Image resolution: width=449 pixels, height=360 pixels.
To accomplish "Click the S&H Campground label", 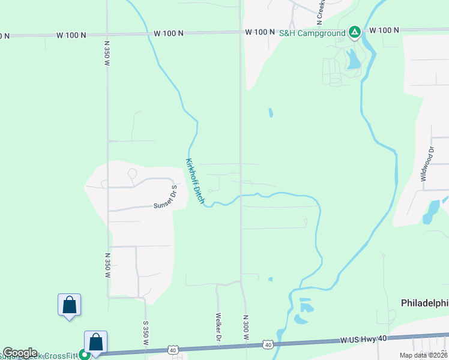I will click(312, 32).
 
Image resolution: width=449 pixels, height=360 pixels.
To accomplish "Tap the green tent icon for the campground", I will click(355, 32).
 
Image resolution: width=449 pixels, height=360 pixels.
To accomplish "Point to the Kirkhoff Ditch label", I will click(195, 180).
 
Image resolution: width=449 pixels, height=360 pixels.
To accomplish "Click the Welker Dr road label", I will click(218, 328).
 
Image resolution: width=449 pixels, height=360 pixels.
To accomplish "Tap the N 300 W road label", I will click(246, 328).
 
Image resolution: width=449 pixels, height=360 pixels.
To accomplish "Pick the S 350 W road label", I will click(145, 332).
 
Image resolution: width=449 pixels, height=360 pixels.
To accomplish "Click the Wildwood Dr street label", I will click(427, 163).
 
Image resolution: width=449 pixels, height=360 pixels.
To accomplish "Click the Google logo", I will click(20, 353).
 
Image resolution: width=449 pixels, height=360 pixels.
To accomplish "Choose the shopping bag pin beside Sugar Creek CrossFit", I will click(96, 343).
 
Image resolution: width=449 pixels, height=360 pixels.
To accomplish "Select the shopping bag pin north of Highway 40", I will click(69, 305).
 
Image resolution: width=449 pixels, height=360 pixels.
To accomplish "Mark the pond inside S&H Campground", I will click(353, 58).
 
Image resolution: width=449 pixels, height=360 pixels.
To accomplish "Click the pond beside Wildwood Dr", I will click(432, 211).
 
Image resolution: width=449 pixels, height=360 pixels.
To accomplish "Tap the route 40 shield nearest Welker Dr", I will click(173, 349).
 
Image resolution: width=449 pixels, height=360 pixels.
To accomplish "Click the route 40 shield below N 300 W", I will click(268, 344).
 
